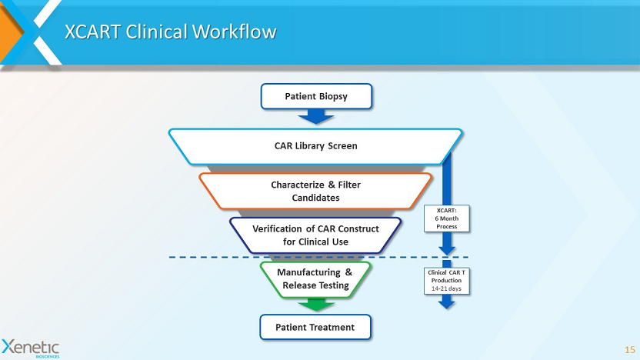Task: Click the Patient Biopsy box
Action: (x=316, y=96)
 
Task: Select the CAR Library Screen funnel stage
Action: (x=315, y=145)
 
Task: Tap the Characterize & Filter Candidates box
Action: (x=315, y=191)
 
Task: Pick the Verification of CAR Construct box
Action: (x=315, y=235)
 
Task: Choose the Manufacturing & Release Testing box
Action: (x=315, y=278)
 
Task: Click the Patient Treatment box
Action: (x=315, y=327)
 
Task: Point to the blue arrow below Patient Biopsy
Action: (x=315, y=116)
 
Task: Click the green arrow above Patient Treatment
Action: (x=315, y=305)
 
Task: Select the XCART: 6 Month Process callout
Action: (x=447, y=218)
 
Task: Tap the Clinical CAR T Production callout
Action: (x=446, y=280)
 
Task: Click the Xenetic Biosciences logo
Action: (x=31, y=347)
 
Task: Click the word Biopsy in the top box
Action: (x=332, y=96)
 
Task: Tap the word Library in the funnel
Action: (x=317, y=145)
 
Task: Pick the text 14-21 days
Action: (x=446, y=288)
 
